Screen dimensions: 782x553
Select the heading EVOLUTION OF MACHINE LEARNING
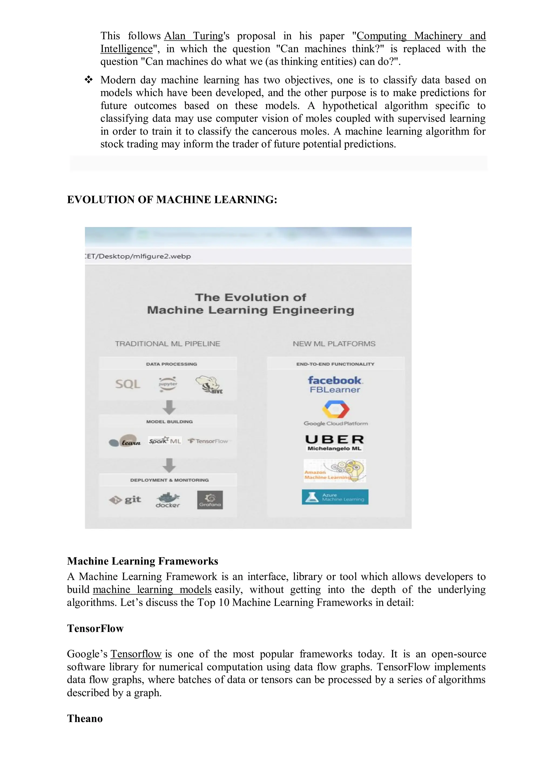point(172,199)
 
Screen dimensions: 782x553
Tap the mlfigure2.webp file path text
point(138,256)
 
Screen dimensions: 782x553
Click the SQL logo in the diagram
point(127,384)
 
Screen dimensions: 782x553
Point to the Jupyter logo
point(168,384)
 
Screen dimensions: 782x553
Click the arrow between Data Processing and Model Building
point(169,407)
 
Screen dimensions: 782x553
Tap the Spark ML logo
point(165,441)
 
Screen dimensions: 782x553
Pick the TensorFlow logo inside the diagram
point(208,441)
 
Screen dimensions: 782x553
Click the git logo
point(125,500)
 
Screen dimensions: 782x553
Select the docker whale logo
point(168,500)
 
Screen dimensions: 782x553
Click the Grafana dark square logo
point(210,500)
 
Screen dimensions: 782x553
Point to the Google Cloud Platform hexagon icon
point(336,409)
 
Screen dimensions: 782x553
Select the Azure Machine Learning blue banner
point(335,497)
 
